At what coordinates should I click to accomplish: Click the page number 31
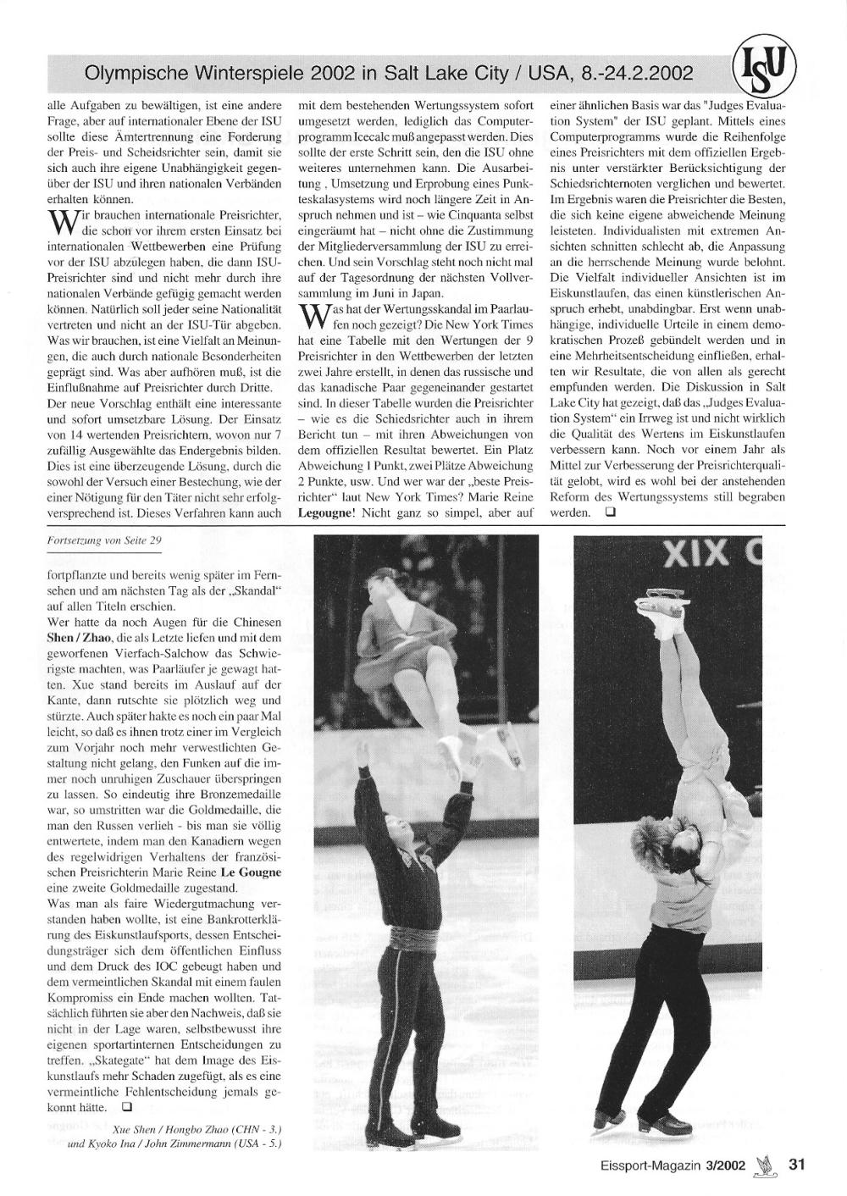pos(795,1164)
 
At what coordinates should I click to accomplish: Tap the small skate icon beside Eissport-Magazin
pos(767,1164)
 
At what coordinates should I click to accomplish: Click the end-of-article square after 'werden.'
pos(609,512)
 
